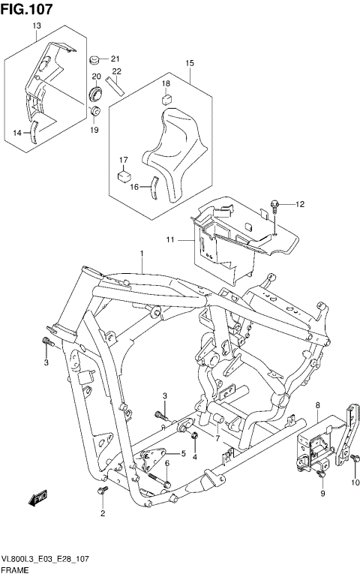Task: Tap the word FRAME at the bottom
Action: [x=16, y=571]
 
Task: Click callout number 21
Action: [x=115, y=59]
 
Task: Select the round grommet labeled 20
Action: [x=96, y=94]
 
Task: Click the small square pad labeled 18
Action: [x=166, y=98]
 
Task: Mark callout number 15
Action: [x=189, y=63]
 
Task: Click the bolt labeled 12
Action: [x=275, y=204]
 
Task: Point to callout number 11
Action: [x=170, y=239]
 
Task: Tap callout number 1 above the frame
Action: [x=140, y=254]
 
